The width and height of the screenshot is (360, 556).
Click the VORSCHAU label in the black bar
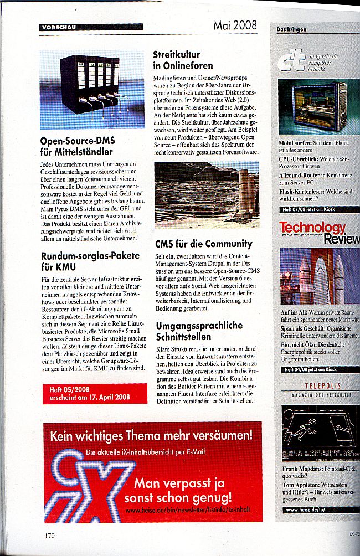[58, 27]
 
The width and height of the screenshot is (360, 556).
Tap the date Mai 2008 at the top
[235, 25]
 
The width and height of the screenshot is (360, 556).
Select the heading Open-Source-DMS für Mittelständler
[77, 146]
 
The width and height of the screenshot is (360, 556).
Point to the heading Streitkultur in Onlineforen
[183, 60]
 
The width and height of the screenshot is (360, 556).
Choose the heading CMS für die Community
[203, 244]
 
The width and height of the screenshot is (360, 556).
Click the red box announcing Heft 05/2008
[95, 393]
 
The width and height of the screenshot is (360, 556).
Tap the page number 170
[50, 535]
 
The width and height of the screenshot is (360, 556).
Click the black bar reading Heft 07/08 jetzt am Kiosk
[317, 210]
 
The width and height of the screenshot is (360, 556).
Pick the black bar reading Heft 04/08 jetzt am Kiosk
[316, 369]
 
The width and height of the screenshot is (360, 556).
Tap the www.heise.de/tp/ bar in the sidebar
[316, 509]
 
